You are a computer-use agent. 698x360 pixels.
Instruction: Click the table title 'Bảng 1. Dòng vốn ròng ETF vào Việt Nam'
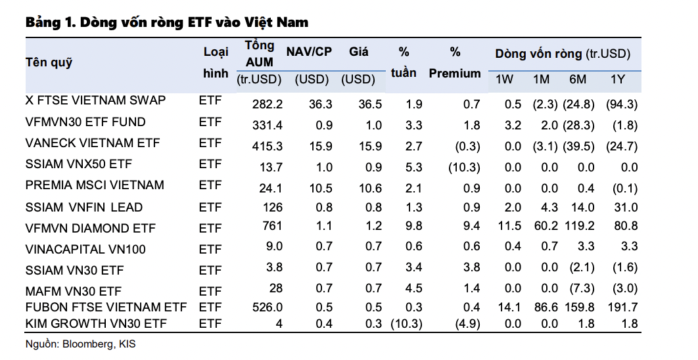click(x=167, y=22)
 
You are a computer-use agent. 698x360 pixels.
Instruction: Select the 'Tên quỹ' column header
click(x=49, y=63)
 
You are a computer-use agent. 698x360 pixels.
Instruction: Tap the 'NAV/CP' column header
click(x=309, y=52)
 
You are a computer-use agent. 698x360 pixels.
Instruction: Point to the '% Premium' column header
click(x=455, y=63)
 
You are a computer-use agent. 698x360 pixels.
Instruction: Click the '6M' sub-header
click(x=578, y=80)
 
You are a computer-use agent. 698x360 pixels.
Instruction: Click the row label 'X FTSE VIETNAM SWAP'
click(x=95, y=101)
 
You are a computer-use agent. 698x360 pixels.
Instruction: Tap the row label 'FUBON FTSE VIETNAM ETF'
click(x=106, y=307)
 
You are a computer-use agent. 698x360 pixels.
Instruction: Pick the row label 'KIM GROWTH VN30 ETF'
click(x=97, y=323)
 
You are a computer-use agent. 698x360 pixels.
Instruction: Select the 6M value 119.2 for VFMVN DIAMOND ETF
click(x=578, y=227)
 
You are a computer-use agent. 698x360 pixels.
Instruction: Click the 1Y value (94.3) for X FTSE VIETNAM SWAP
click(x=621, y=104)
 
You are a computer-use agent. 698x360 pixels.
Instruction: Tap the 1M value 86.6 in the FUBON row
click(x=542, y=307)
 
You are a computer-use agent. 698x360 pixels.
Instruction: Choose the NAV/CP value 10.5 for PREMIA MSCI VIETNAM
click(x=321, y=189)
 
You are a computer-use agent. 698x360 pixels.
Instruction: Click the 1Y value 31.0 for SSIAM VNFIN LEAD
click(x=625, y=208)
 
